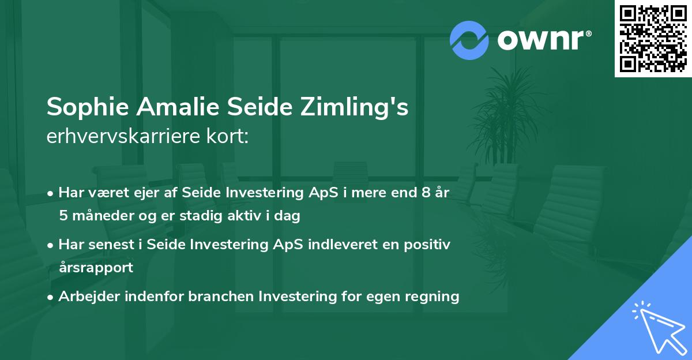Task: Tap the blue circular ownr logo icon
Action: pyautogui.click(x=469, y=40)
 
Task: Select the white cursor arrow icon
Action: pyautogui.click(x=659, y=326)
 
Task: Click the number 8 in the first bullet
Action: pyautogui.click(x=426, y=193)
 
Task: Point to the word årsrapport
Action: pyautogui.click(x=96, y=267)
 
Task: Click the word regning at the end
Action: pyautogui.click(x=435, y=297)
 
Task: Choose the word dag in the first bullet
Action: pyautogui.click(x=289, y=216)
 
